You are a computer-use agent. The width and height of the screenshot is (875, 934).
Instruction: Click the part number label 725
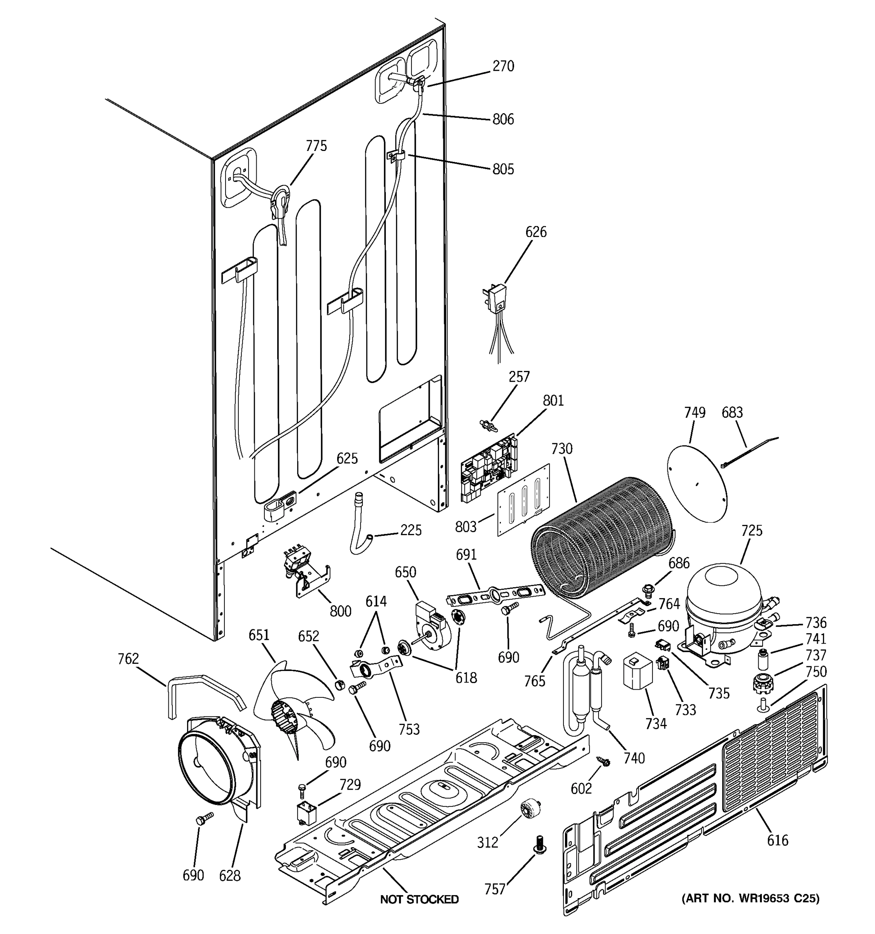[752, 530]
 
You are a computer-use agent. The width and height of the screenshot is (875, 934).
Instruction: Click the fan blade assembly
[293, 710]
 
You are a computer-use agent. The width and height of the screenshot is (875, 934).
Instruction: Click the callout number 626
[535, 232]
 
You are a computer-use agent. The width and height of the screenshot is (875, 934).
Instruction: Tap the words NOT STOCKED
[419, 899]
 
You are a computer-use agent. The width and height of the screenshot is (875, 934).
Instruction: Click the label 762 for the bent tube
[128, 659]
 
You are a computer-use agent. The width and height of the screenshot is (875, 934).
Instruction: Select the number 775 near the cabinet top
[316, 146]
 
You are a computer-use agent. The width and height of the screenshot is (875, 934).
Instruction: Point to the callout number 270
[503, 66]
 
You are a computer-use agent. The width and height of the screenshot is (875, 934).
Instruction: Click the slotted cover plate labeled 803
[523, 500]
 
